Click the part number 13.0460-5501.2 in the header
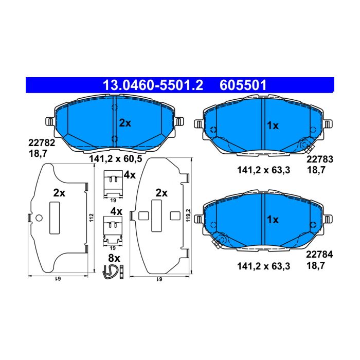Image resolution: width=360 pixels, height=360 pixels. click(x=153, y=85)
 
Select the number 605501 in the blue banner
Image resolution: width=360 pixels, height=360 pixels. click(x=243, y=85)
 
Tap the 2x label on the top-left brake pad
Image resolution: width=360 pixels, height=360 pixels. click(x=125, y=123)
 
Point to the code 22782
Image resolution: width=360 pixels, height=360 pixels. click(x=42, y=143)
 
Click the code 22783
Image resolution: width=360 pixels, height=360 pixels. click(x=319, y=159)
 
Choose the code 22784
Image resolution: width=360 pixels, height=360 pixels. click(x=319, y=255)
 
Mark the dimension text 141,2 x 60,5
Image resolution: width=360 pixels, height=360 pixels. click(x=116, y=158)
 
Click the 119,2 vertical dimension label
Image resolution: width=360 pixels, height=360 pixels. click(x=188, y=215)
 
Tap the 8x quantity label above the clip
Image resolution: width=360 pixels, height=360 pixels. click(x=114, y=258)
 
